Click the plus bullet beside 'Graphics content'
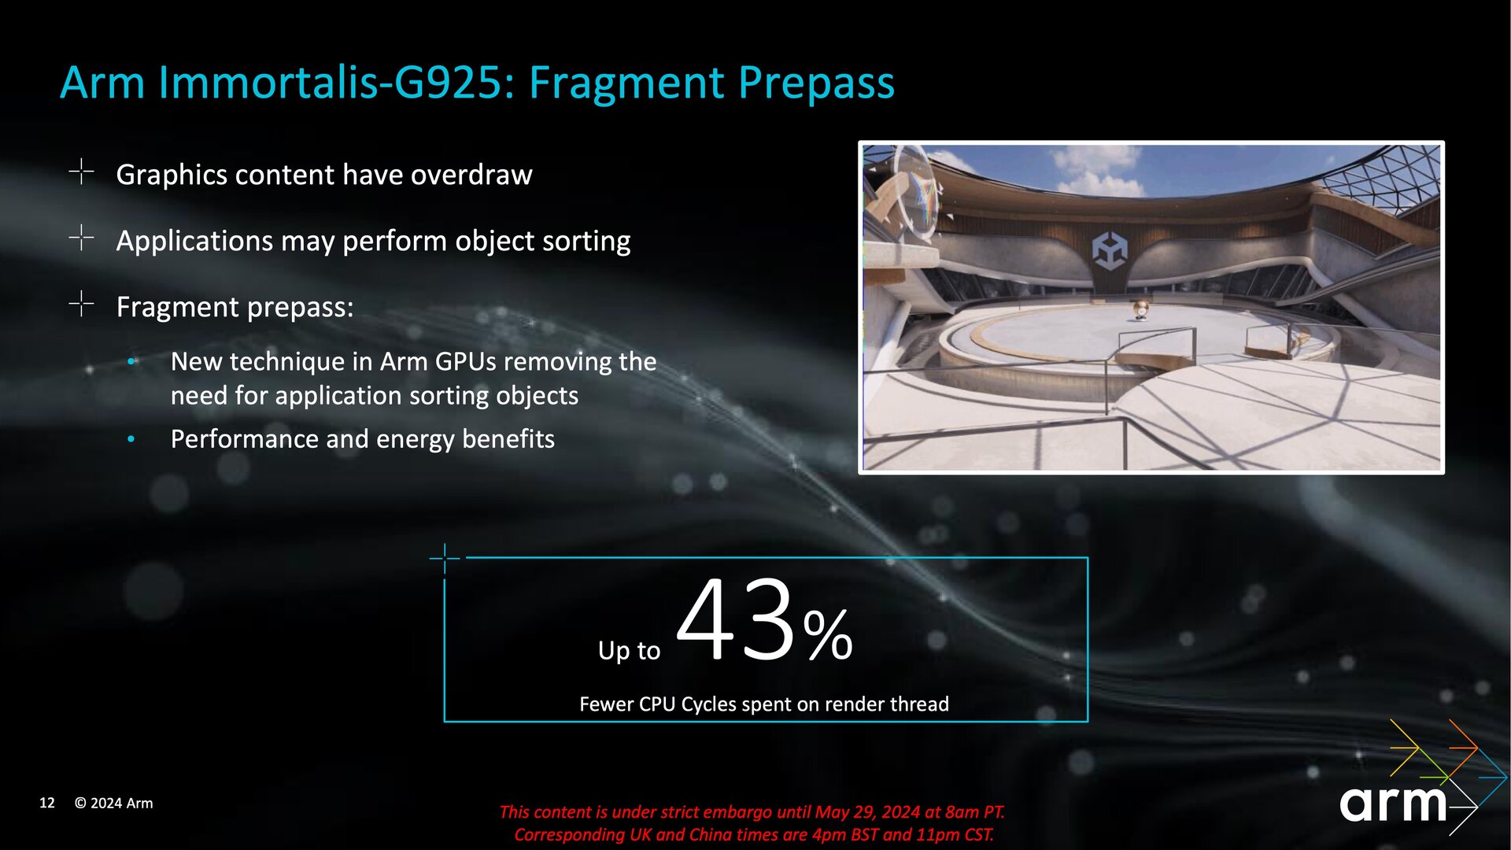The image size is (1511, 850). point(81,171)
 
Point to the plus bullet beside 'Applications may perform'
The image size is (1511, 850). point(81,237)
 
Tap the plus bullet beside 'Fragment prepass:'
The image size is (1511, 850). point(81,303)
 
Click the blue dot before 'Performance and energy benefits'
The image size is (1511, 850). point(131,438)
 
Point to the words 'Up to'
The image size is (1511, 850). point(629,650)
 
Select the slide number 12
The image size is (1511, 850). point(47,803)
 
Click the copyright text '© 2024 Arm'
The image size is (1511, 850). point(114,803)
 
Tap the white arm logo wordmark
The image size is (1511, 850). point(1393,804)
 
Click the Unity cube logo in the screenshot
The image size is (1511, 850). point(1110,251)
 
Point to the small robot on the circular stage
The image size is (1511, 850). point(1140,310)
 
